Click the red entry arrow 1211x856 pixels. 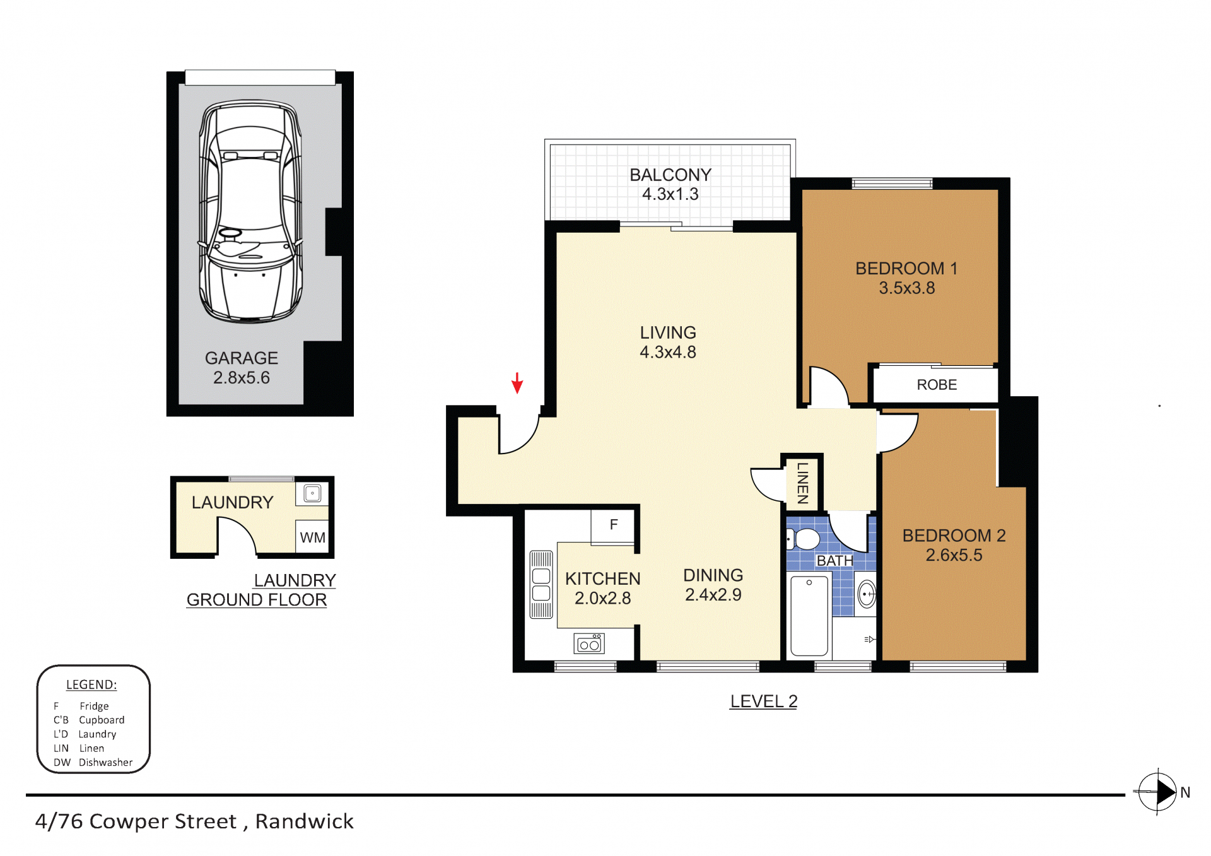[x=517, y=383]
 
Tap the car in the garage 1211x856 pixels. [x=250, y=211]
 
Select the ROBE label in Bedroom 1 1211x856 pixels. [x=937, y=385]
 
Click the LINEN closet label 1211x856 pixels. [x=802, y=483]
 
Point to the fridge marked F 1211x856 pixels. [x=613, y=525]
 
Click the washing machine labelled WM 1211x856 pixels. [x=312, y=537]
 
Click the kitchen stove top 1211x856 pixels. [x=589, y=643]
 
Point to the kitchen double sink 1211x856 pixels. [x=541, y=585]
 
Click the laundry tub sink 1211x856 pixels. [x=312, y=493]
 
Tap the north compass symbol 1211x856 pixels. [x=1158, y=791]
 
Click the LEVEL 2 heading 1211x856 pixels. [x=763, y=701]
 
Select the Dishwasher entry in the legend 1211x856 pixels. [x=93, y=762]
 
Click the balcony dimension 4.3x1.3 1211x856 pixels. [x=670, y=194]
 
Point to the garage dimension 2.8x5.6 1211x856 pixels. [x=242, y=378]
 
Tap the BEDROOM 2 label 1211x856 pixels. [x=954, y=536]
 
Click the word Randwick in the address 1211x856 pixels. [x=304, y=821]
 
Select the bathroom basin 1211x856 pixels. [x=867, y=594]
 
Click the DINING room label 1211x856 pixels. [x=713, y=575]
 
